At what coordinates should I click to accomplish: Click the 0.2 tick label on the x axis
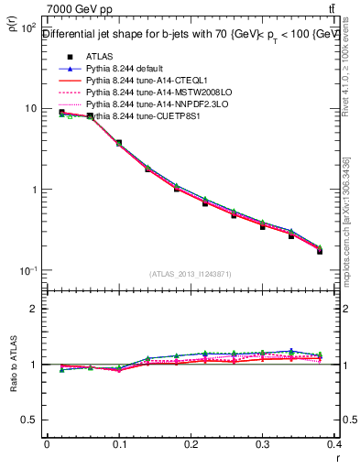coord(191,444)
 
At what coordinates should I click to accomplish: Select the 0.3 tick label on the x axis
coord(264,444)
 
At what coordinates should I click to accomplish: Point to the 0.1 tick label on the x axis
coord(119,444)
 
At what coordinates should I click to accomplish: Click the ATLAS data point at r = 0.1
coord(119,143)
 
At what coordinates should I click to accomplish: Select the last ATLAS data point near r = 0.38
coord(320,250)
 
